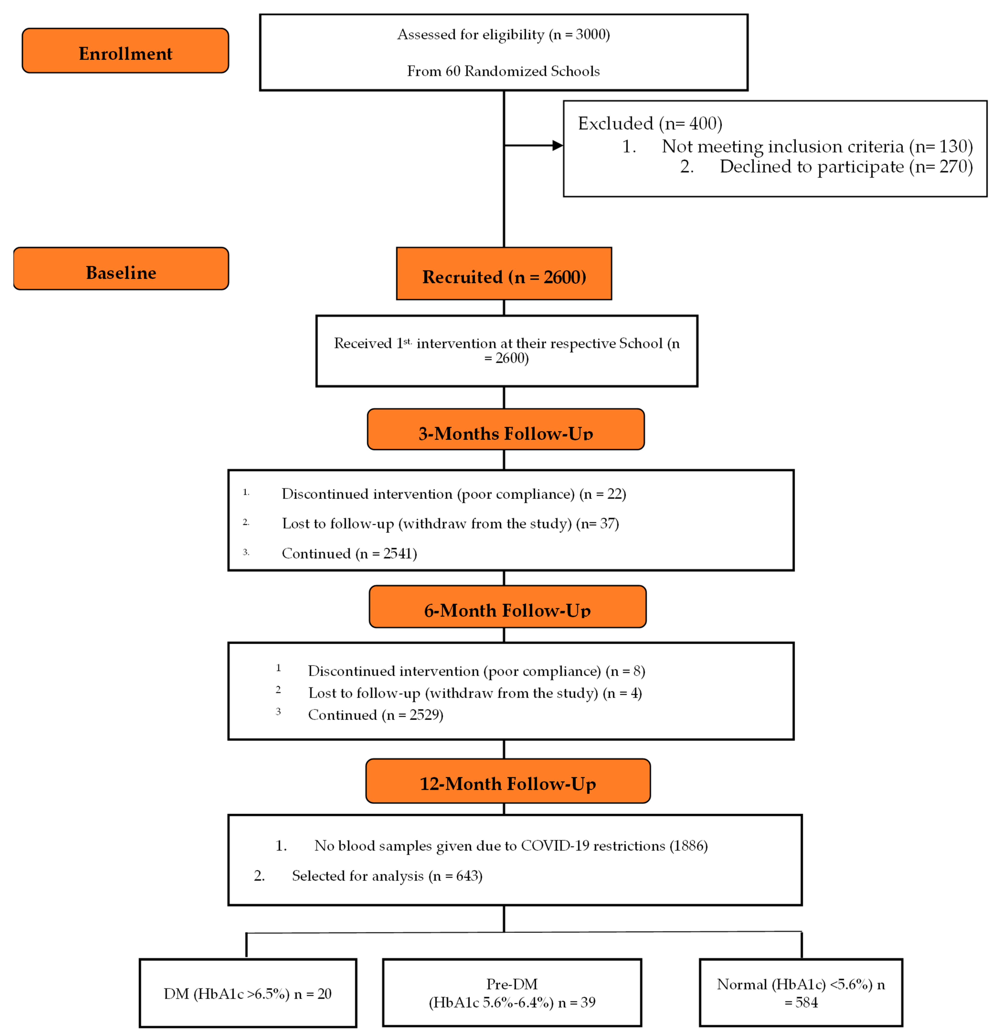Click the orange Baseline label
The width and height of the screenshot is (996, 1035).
point(121,269)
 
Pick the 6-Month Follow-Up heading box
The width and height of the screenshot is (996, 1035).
point(507,607)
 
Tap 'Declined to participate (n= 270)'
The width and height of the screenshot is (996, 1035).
point(846,167)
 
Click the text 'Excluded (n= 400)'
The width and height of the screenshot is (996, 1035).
point(650,124)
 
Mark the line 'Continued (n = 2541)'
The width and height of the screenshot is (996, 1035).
point(349,553)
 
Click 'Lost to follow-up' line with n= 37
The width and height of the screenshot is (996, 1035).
point(450,524)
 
